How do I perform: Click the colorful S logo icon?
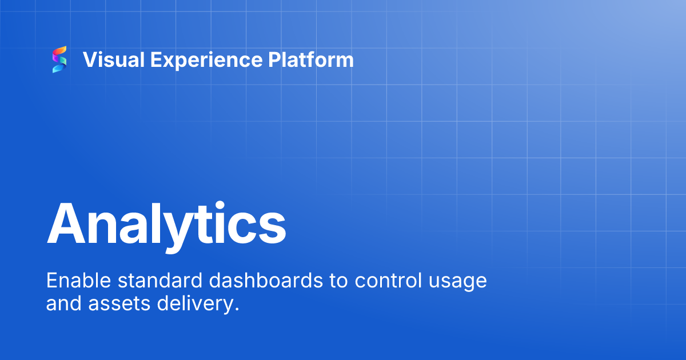click(59, 60)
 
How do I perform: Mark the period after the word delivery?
click(236, 310)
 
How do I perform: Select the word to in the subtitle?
click(336, 281)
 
